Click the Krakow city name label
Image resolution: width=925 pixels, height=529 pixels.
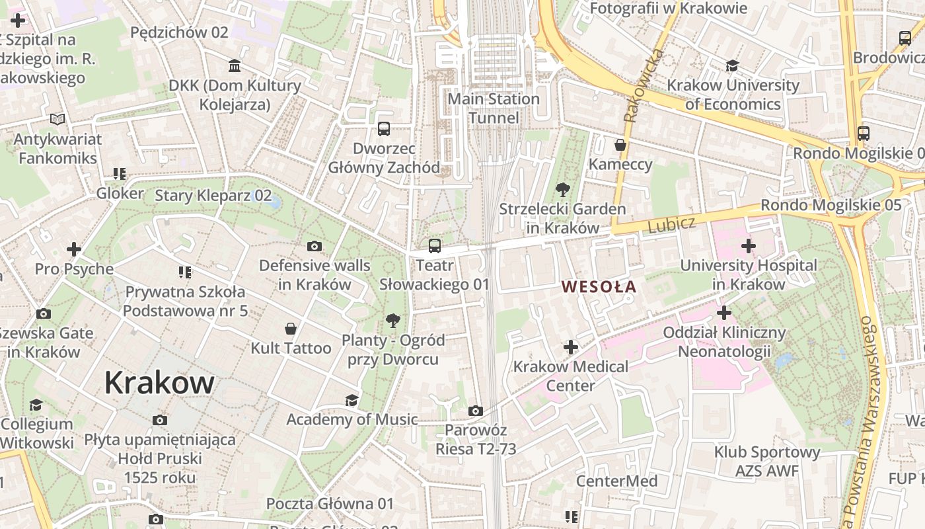point(159,383)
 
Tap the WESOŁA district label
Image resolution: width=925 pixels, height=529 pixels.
point(599,286)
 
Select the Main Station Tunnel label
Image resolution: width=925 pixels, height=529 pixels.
point(494,108)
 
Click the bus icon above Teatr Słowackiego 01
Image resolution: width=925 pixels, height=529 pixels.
point(434,246)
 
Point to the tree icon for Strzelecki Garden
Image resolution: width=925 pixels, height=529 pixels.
point(562,190)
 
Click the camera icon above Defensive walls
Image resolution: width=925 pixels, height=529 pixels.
point(314,247)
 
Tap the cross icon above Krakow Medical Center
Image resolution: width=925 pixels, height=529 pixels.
point(571,346)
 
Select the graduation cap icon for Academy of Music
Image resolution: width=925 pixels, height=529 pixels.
point(351,400)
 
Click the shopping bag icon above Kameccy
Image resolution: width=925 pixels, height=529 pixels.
point(620,144)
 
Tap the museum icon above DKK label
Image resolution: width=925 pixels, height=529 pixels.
point(235,65)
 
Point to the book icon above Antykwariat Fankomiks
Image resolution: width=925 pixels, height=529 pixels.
point(58,120)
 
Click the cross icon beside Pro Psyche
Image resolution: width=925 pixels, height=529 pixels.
point(74,249)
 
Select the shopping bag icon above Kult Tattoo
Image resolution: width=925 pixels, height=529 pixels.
point(290,328)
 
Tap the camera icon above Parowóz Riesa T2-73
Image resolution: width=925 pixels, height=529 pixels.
point(475,411)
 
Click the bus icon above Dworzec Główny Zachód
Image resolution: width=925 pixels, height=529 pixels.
point(384,128)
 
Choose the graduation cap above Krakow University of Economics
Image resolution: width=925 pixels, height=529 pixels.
point(732,65)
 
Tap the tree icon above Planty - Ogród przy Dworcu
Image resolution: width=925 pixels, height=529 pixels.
point(393,321)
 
